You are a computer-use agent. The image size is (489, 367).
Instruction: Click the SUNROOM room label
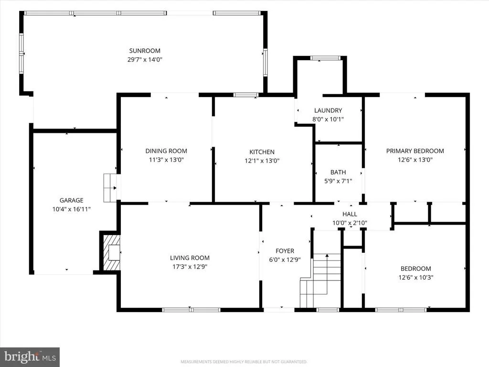click(145, 51)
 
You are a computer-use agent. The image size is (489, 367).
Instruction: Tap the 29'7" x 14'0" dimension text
click(145, 59)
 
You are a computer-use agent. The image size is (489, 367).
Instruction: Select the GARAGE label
click(72, 200)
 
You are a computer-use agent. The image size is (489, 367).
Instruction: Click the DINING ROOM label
click(166, 151)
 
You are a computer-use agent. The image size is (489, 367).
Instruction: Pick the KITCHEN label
click(262, 152)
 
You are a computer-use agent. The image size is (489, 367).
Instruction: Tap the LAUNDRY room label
click(328, 110)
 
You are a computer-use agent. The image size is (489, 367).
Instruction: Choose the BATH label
click(338, 172)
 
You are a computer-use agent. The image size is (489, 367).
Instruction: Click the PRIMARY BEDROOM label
click(415, 151)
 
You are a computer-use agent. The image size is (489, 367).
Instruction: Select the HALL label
click(350, 214)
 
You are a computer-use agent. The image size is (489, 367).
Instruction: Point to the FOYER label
click(285, 251)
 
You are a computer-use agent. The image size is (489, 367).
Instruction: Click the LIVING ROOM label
click(190, 258)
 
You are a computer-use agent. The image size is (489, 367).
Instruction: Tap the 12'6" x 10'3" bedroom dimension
click(416, 278)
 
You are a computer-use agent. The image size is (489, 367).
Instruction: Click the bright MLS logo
click(30, 357)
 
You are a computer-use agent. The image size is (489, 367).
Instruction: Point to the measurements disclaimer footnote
click(244, 362)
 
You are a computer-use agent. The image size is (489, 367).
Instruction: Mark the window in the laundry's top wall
click(325, 58)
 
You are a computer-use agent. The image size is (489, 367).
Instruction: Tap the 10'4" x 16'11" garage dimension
click(72, 209)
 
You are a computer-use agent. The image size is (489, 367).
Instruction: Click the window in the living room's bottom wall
click(191, 310)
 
